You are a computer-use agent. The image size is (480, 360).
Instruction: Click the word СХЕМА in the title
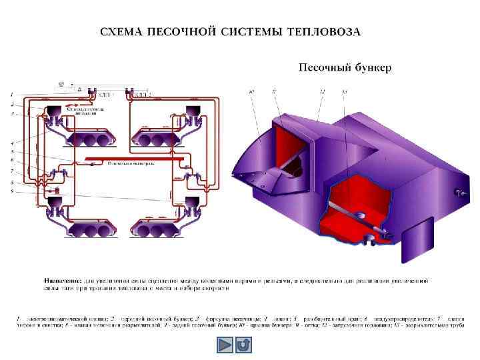point(118,32)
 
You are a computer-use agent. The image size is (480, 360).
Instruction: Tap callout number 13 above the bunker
point(344,91)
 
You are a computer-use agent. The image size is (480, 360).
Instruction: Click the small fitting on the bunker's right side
point(458,193)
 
